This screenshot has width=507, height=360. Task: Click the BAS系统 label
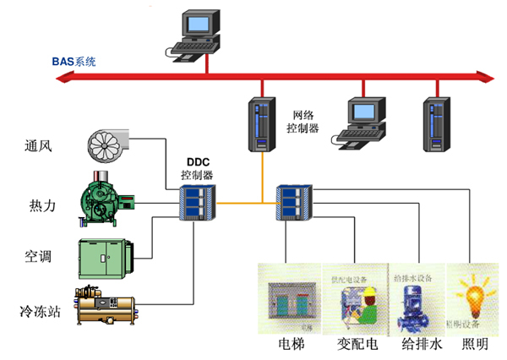[74, 62]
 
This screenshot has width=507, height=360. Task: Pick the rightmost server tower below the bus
[435, 123]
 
